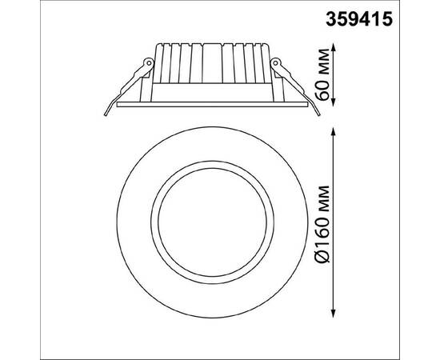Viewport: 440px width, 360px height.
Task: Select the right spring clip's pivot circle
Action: (276, 61)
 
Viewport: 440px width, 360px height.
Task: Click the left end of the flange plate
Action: (118, 103)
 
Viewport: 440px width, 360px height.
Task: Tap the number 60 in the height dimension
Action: (325, 87)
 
